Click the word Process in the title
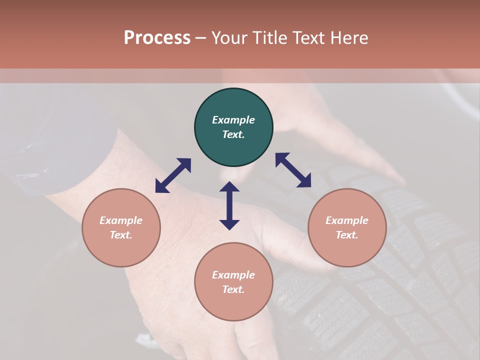(x=157, y=38)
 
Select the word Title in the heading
(x=270, y=38)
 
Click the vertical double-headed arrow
(x=229, y=205)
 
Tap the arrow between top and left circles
(x=173, y=175)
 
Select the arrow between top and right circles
(x=293, y=170)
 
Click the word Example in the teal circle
(x=233, y=120)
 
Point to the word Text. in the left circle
(x=121, y=235)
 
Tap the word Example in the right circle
(x=347, y=220)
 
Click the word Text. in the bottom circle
(x=233, y=289)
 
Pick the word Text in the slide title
(x=310, y=38)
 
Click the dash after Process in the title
(x=201, y=38)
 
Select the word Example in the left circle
(x=121, y=220)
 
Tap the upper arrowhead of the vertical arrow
(x=229, y=187)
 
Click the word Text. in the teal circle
(x=233, y=134)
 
